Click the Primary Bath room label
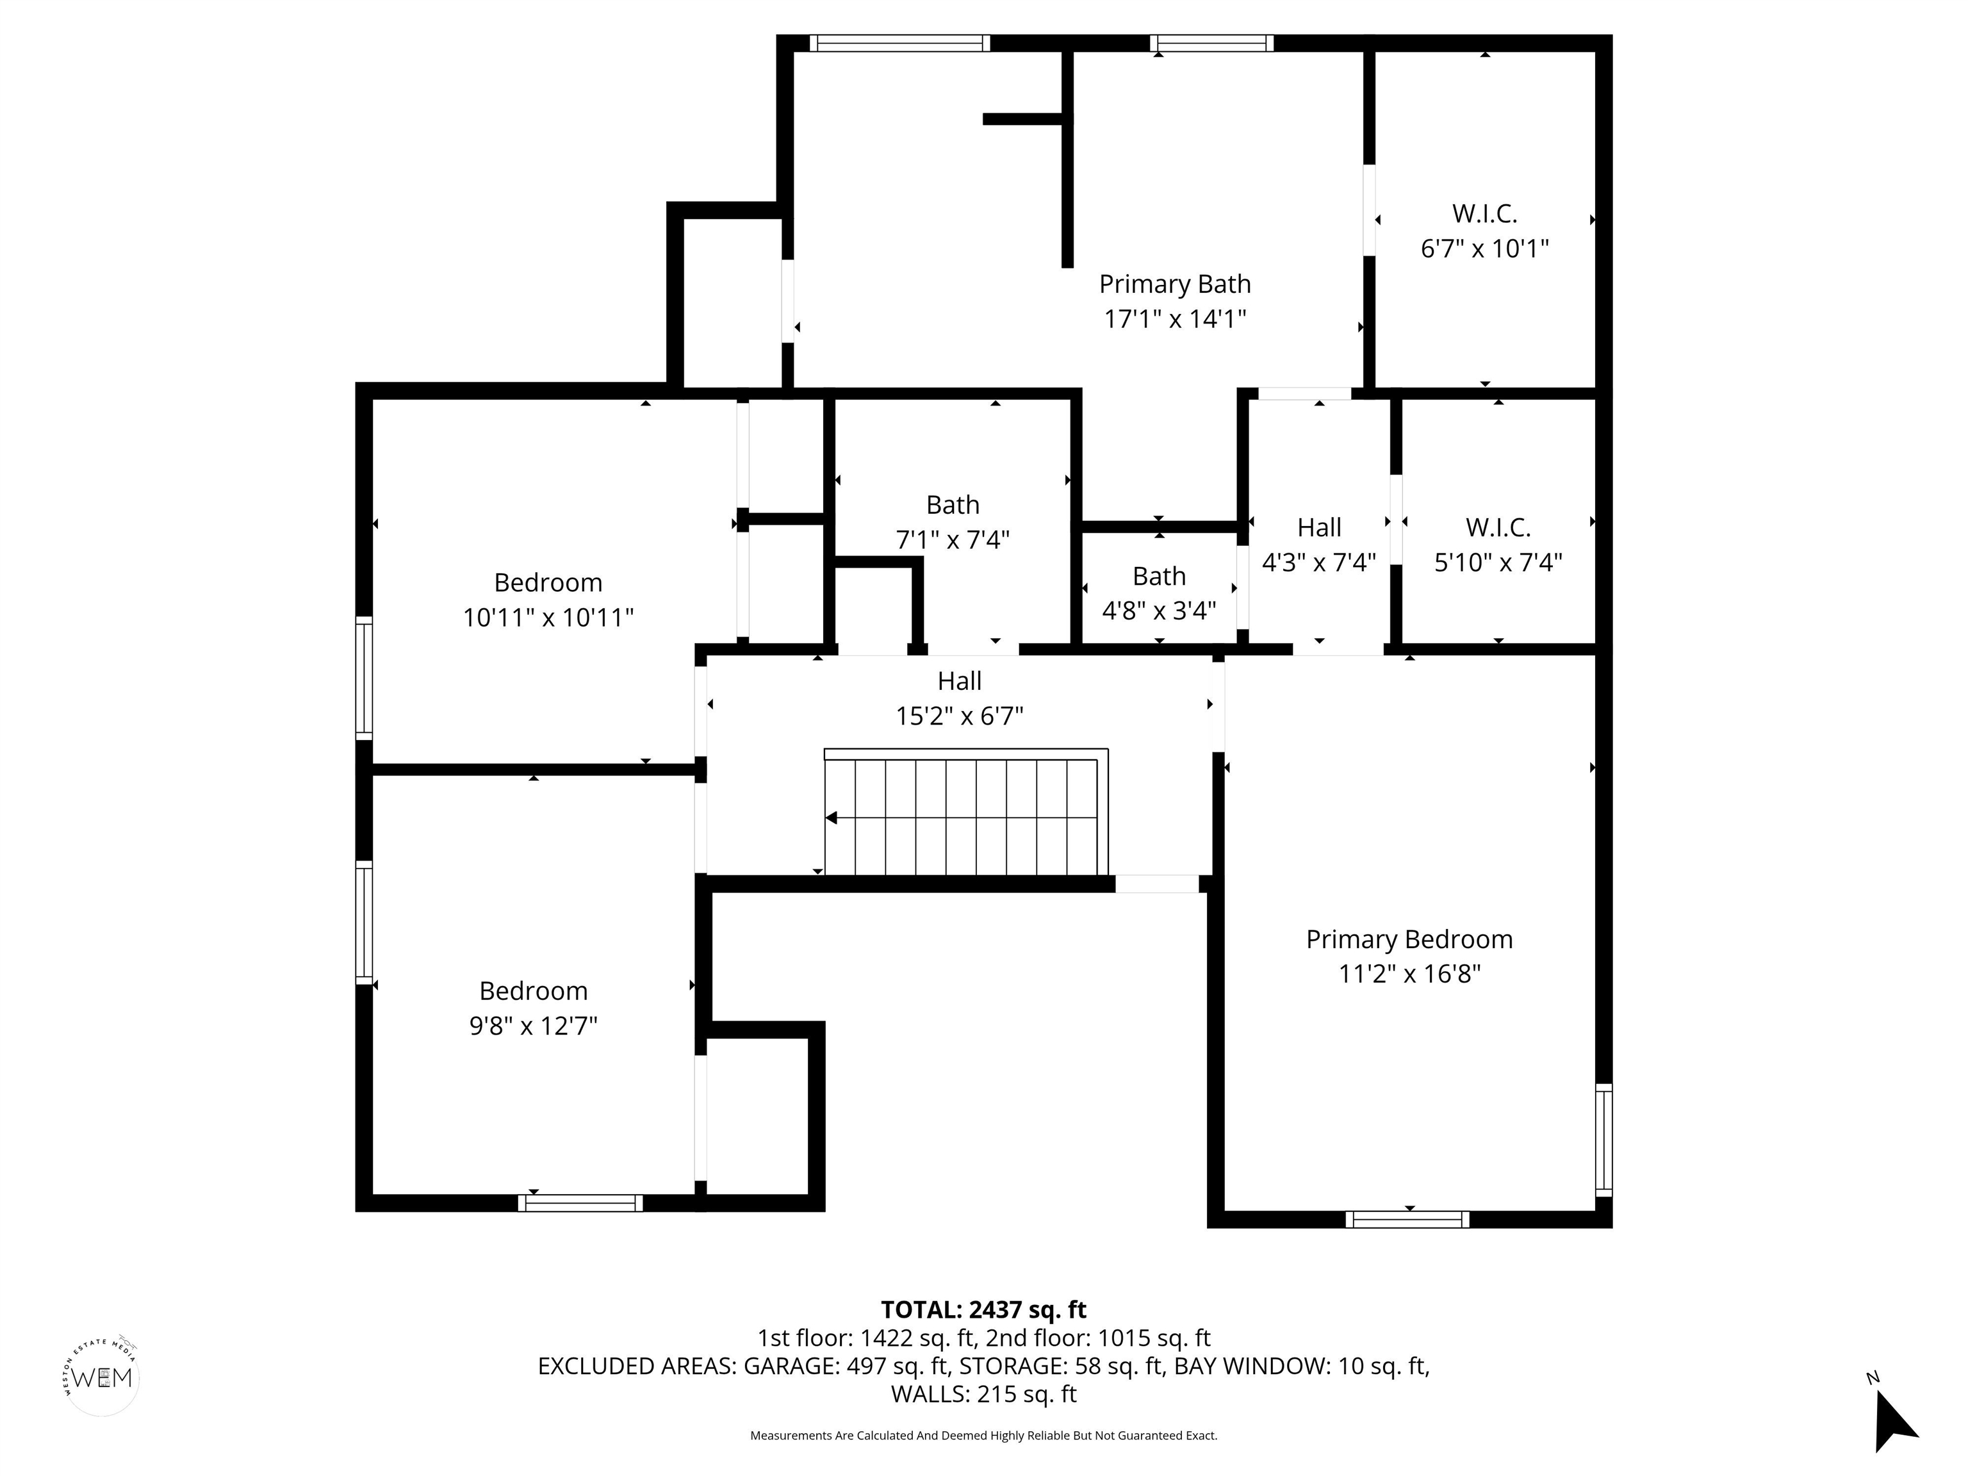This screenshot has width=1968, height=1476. pos(1174,284)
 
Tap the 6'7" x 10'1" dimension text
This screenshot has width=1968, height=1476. pos(1484,248)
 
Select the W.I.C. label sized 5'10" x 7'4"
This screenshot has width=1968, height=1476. pos(1498,528)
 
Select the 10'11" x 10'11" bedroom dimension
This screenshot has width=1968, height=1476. pos(548,618)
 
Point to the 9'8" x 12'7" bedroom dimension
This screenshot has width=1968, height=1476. pos(533,1026)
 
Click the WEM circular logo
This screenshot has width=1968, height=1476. pos(102,1378)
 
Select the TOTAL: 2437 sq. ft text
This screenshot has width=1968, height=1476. pos(983,1309)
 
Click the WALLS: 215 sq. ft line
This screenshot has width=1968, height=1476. pos(983,1393)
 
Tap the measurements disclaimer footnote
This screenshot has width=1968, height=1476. pos(983,1435)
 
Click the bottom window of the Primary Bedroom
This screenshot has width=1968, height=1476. pos(1407,1220)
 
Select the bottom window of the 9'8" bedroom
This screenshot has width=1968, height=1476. pos(580,1203)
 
